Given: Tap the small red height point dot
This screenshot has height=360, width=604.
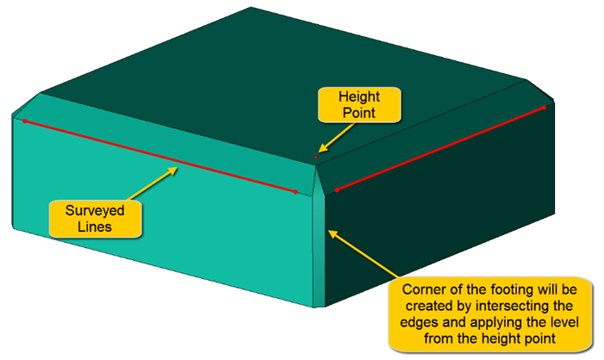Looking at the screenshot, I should tap(316, 158).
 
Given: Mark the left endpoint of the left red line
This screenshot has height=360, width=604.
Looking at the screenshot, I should tap(24, 121).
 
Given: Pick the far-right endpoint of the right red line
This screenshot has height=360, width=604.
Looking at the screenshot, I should tap(545, 107).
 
